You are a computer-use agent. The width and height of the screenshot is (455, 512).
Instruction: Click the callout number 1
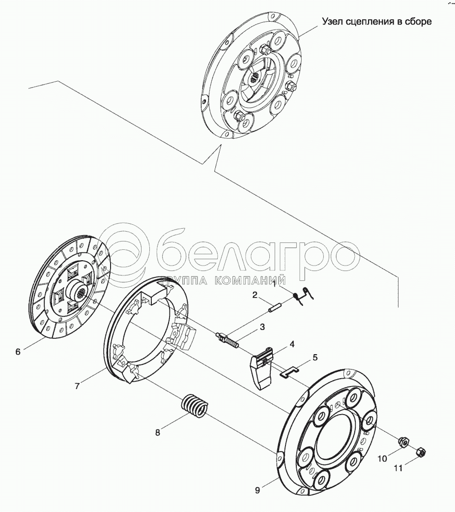[274, 284]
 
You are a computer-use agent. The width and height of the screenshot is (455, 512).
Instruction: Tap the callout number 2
[255, 295]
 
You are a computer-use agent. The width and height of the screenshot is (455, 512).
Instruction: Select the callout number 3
[262, 327]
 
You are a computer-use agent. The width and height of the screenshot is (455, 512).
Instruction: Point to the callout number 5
[315, 357]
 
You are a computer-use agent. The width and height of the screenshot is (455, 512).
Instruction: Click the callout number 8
[158, 432]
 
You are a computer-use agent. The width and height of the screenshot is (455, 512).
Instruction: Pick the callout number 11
[398, 468]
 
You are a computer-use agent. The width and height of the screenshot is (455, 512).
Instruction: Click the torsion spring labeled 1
[304, 296]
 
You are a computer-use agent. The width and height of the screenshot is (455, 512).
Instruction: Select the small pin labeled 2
[275, 308]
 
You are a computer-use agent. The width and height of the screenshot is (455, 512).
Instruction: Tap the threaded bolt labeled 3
[228, 339]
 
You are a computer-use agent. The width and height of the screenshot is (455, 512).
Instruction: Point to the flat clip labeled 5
[289, 373]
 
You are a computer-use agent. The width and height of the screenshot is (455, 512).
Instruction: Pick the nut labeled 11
[421, 452]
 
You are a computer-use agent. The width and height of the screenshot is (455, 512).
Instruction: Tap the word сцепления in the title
[366, 22]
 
